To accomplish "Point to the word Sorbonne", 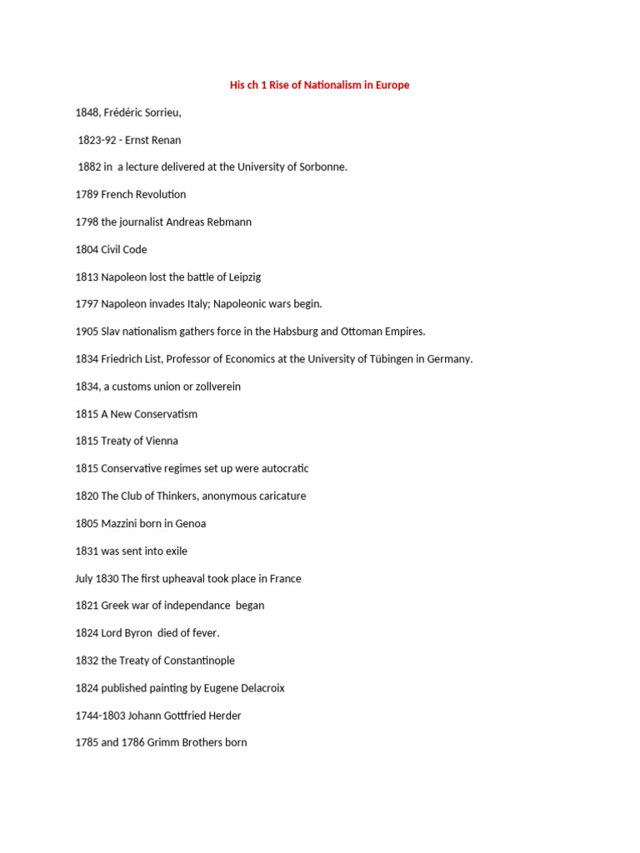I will [x=321, y=167].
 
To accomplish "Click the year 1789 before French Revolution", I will [x=87, y=194].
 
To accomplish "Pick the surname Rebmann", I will [x=229, y=222].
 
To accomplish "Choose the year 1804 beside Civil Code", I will [x=87, y=249].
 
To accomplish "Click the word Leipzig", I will [x=244, y=277].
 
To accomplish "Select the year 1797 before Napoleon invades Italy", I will [x=87, y=304].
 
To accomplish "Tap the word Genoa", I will [x=189, y=523].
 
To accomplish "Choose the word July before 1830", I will [x=84, y=578].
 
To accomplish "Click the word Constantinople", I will [x=193, y=661].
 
